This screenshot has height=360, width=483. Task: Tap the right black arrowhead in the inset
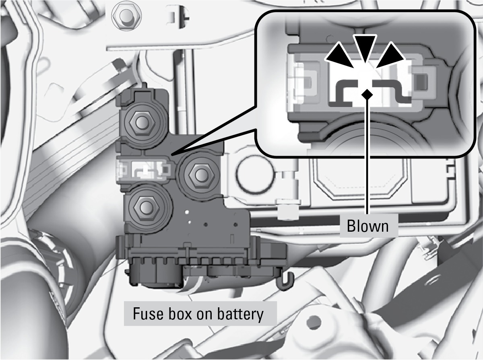tap(390, 55)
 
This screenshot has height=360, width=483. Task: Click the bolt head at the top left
tap(126, 16)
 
